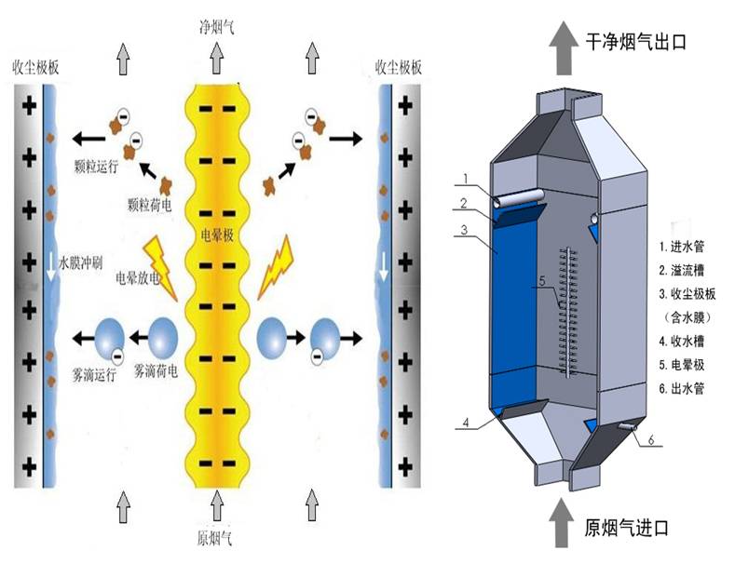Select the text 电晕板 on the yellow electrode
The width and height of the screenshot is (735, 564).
(x=217, y=235)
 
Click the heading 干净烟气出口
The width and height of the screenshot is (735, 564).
(x=634, y=40)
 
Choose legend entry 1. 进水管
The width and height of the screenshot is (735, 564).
(x=688, y=248)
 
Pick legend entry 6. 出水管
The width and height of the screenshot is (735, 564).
(x=688, y=386)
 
